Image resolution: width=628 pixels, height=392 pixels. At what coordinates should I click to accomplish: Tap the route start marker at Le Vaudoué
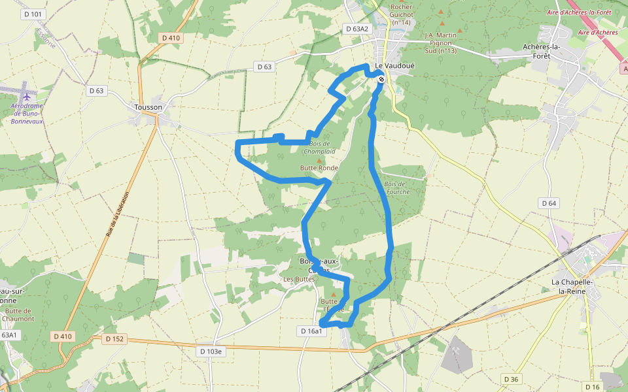[381, 79]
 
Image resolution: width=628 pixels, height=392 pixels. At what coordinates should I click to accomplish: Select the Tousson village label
[147, 107]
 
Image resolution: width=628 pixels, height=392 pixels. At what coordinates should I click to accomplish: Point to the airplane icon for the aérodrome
[26, 97]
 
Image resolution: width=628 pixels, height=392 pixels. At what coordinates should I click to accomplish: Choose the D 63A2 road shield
[357, 29]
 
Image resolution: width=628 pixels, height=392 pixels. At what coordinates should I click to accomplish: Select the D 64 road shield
[549, 204]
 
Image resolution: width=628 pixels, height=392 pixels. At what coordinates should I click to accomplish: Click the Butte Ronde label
[319, 168]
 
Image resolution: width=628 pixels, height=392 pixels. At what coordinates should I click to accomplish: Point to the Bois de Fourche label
[397, 188]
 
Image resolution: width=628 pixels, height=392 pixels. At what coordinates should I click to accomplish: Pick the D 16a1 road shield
[312, 331]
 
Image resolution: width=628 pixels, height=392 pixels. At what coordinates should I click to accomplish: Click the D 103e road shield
[210, 351]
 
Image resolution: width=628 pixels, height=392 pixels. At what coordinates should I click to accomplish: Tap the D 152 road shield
[114, 338]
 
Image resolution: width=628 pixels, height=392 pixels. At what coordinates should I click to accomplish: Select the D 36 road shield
[512, 380]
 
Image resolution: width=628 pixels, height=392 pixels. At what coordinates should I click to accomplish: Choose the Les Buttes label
[299, 279]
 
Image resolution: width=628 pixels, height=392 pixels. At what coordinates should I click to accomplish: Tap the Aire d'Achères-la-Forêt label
[578, 12]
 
